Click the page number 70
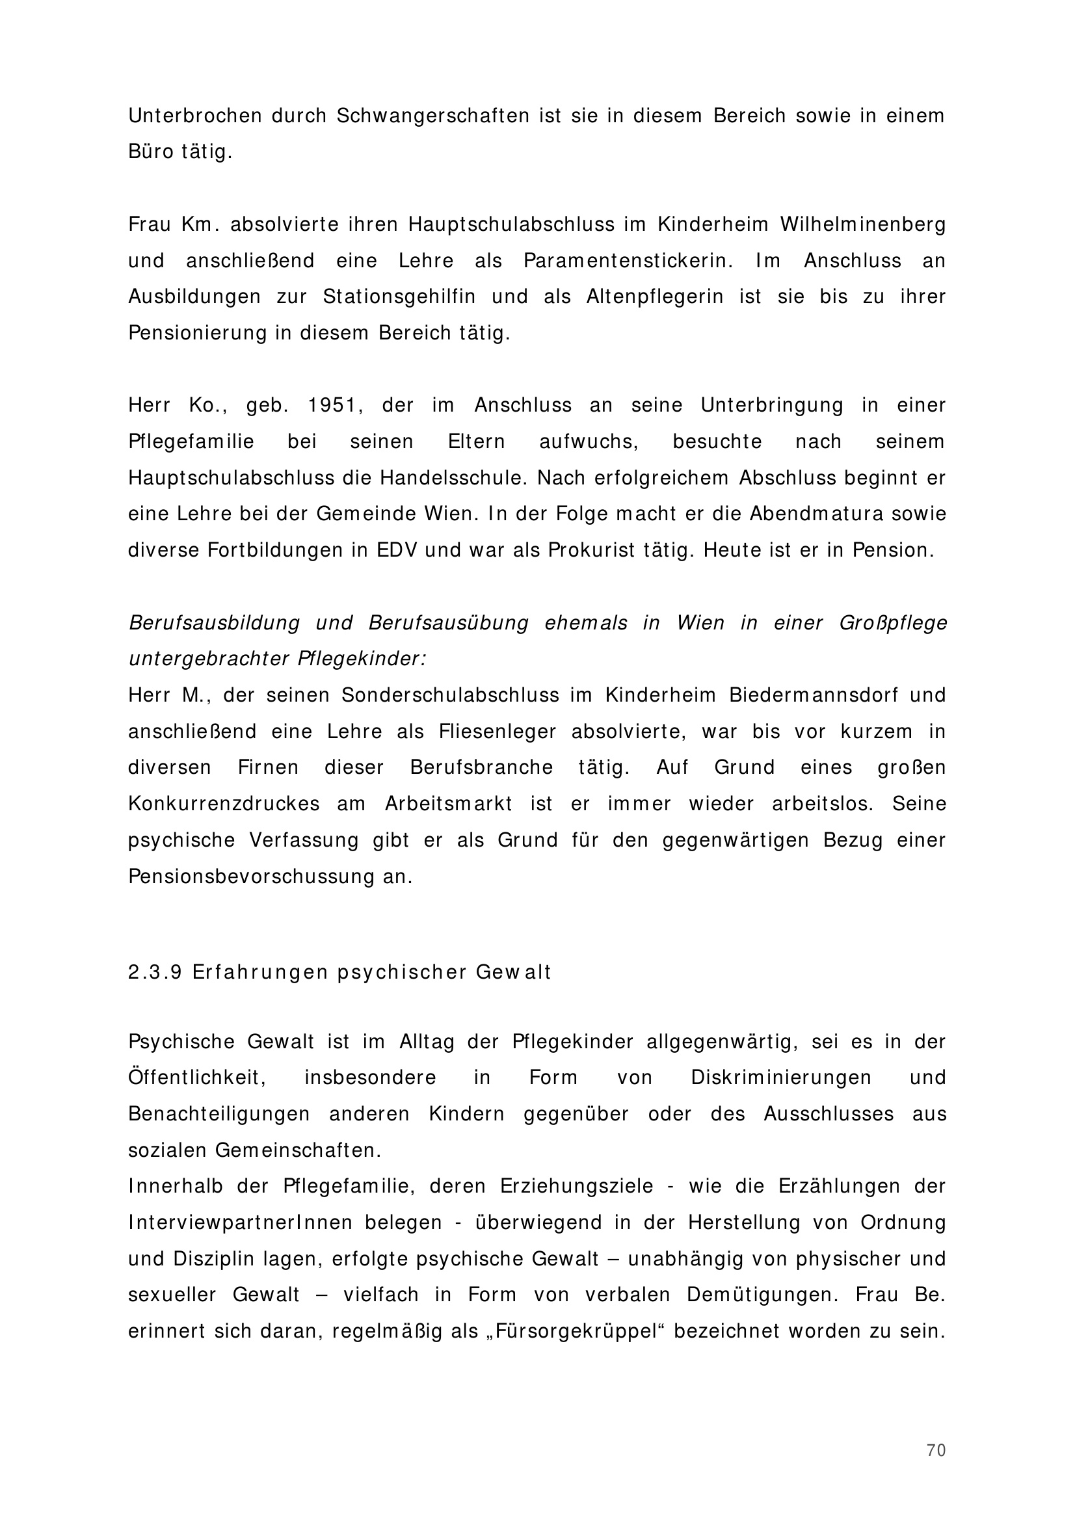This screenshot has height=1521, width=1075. tap(935, 1450)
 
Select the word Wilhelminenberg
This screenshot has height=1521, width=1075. tap(862, 224)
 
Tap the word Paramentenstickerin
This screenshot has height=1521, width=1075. tap(628, 260)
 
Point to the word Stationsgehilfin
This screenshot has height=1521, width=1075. tap(399, 297)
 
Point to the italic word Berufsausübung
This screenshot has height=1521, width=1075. tap(449, 623)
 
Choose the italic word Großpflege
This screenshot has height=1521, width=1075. tap(893, 623)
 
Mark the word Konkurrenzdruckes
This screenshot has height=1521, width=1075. tap(224, 804)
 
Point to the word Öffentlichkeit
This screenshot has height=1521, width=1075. tap(196, 1077)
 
